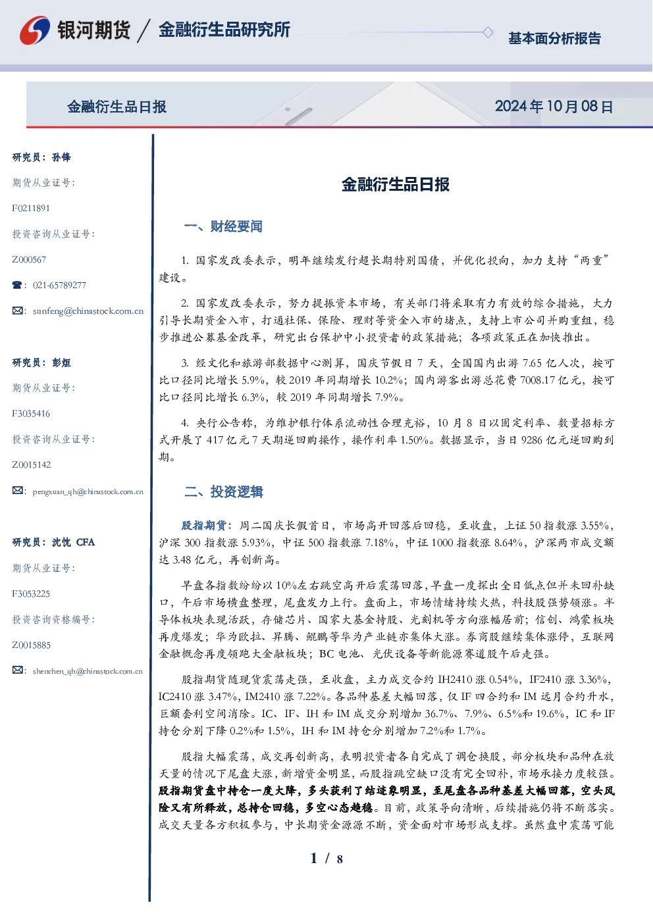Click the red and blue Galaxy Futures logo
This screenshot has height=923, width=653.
[35, 30]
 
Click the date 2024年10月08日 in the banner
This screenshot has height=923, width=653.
[554, 107]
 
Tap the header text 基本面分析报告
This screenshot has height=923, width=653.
[554, 38]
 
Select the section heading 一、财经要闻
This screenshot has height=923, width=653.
[223, 226]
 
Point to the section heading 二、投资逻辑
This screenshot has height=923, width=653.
[223, 491]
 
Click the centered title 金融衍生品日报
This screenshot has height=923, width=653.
[396, 184]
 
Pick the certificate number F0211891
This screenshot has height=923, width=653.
[31, 209]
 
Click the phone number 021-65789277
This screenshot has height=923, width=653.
[60, 285]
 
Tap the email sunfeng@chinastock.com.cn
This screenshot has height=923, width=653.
[88, 311]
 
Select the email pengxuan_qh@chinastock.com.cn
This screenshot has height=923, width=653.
[88, 491]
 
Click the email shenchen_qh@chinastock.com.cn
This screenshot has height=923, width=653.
[88, 671]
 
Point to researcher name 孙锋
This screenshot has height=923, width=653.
[61, 157]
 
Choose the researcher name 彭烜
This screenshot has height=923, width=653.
[61, 362]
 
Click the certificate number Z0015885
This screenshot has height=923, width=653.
[32, 645]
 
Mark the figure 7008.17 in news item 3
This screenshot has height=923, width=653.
[538, 380]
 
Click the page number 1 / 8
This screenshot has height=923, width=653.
[326, 859]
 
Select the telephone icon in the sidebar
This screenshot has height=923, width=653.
[17, 285]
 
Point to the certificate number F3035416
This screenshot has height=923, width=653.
[31, 414]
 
